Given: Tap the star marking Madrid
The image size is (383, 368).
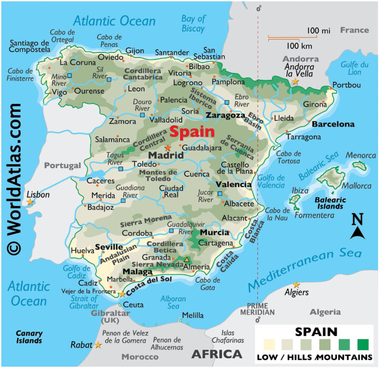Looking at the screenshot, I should point(168,148).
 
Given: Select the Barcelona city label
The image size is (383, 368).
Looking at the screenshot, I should point(333,125).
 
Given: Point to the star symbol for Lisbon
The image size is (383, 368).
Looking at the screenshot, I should point(30,202).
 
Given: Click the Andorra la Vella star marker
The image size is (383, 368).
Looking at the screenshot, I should point(295,82).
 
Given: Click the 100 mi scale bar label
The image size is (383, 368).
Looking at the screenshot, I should point(319,31).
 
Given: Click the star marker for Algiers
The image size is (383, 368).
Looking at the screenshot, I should point(296,285).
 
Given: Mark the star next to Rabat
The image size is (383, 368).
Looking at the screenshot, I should point(98,345).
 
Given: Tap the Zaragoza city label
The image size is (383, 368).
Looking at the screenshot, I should point(225,115).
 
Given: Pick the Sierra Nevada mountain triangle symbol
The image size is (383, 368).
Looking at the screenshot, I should point(186,259).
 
